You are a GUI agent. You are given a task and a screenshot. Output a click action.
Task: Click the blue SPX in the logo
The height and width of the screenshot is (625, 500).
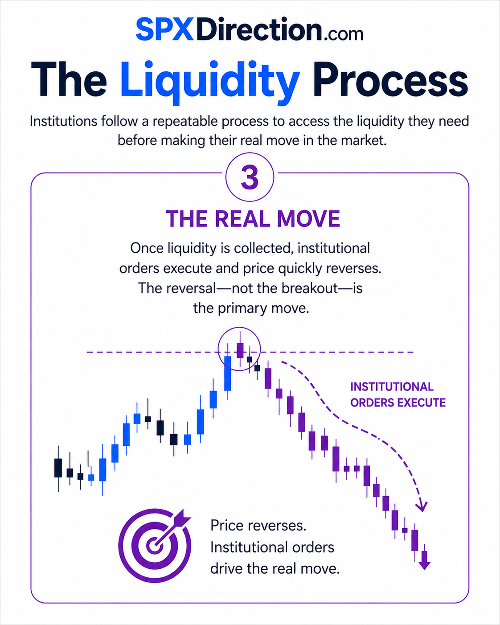[164, 29]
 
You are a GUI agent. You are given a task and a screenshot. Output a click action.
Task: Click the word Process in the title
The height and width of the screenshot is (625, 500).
[390, 79]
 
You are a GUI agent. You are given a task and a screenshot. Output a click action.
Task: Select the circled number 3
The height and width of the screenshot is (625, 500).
[250, 177]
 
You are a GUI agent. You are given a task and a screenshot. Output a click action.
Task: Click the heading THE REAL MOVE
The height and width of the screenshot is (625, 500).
[253, 219]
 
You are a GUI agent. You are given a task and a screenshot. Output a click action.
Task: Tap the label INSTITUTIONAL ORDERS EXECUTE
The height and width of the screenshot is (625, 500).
[398, 395]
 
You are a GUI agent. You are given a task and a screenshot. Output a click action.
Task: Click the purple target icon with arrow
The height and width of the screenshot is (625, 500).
[155, 546]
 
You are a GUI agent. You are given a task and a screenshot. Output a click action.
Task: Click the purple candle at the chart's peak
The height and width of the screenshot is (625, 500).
[240, 350]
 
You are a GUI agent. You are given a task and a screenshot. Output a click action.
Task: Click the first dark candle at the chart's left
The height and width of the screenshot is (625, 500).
[58, 468]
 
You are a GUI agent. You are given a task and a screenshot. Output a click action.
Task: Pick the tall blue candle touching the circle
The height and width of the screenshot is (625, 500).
[228, 373]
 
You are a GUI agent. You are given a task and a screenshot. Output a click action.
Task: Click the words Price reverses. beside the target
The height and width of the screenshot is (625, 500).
[258, 525]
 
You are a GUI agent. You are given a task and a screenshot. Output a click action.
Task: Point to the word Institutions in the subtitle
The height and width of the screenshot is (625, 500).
[64, 121]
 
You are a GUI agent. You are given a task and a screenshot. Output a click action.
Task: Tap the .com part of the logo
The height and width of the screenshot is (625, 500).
[342, 34]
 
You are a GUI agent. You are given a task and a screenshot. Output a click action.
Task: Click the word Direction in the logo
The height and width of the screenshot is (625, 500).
[259, 29]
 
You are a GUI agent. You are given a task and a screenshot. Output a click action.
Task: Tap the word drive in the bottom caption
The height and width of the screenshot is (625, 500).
[226, 569]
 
